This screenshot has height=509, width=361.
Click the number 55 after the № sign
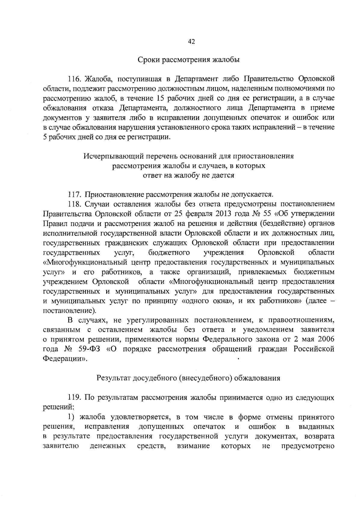pos(267,214)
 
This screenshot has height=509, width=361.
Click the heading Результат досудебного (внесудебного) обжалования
pos(189,378)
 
